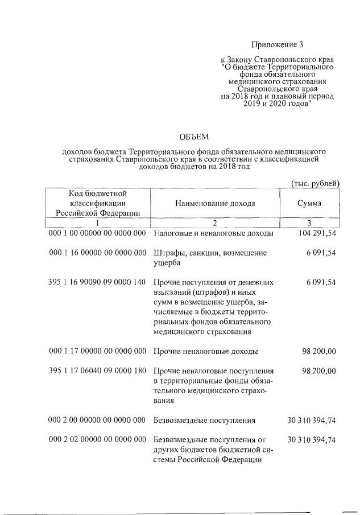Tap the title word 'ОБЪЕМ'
click(x=195, y=136)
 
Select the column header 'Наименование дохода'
click(x=215, y=204)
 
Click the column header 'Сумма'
click(x=309, y=204)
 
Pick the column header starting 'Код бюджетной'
click(x=97, y=204)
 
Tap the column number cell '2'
click(x=215, y=223)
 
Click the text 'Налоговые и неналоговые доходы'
click(x=213, y=234)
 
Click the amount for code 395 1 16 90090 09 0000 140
click(x=321, y=282)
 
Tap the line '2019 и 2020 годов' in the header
click(x=276, y=105)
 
